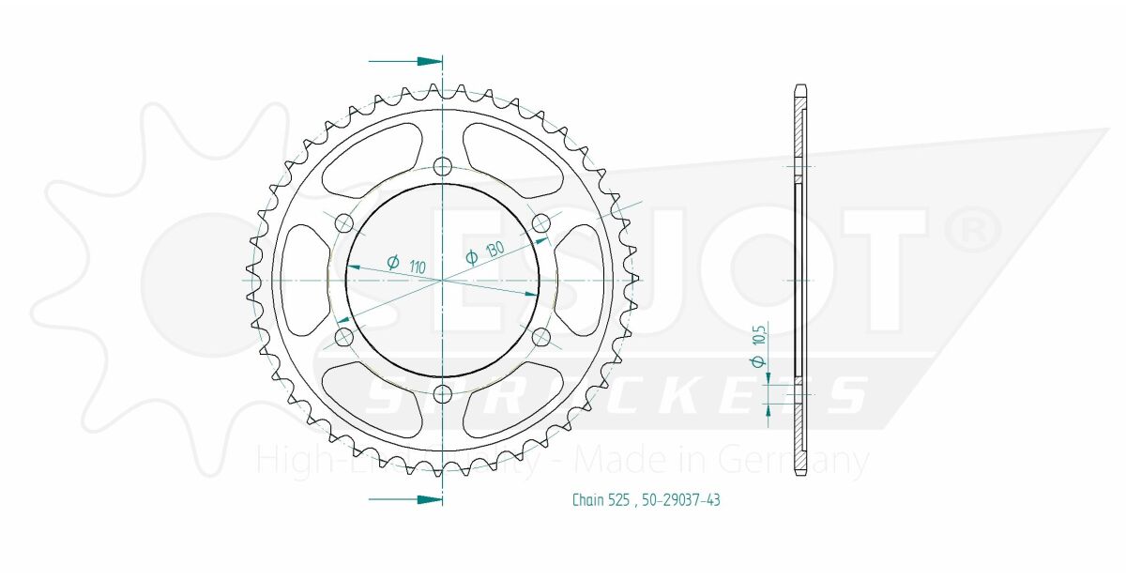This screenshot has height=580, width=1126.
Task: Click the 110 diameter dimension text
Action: (418, 267)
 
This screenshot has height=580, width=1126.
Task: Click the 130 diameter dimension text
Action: (491, 254)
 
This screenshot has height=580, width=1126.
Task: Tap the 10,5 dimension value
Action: (760, 333)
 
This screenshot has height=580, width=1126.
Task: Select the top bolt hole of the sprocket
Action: (442, 167)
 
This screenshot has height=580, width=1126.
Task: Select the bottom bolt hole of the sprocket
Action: (442, 393)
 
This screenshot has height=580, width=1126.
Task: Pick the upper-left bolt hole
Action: (344, 222)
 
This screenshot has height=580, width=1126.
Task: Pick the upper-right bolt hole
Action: (540, 222)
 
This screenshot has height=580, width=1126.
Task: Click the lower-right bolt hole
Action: (540, 337)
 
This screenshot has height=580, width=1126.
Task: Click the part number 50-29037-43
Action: (681, 500)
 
